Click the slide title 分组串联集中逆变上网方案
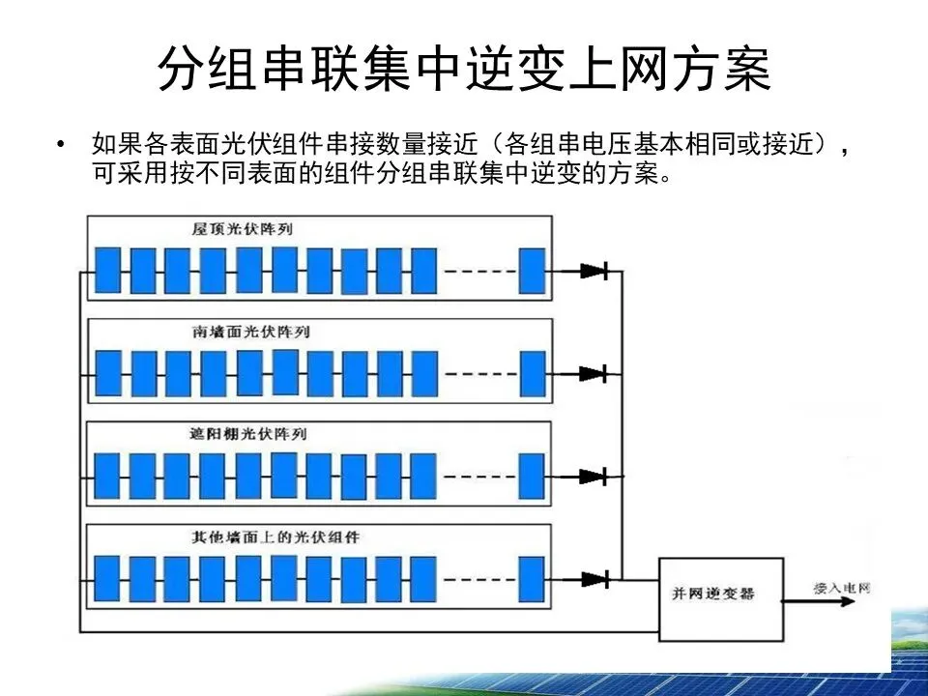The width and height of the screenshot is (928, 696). coord(464,70)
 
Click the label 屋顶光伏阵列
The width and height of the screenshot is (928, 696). coord(241,229)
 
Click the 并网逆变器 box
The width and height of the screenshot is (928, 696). coord(720,599)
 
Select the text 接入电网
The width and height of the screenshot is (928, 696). coord(834,587)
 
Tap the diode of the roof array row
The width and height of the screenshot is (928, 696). coord(594,271)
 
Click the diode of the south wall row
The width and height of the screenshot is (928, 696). coord(594,373)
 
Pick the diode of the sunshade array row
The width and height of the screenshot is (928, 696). coord(594,477)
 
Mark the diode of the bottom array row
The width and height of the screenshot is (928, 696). coord(594,579)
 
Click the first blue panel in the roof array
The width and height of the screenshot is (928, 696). coord(107,271)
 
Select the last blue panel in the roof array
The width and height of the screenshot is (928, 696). coord(532,271)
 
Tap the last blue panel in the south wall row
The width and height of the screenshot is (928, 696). coord(532,373)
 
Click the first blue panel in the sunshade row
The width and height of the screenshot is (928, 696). coord(107,476)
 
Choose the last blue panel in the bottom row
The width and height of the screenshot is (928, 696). coord(532,578)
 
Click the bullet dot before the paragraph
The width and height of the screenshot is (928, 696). coord(63,145)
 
